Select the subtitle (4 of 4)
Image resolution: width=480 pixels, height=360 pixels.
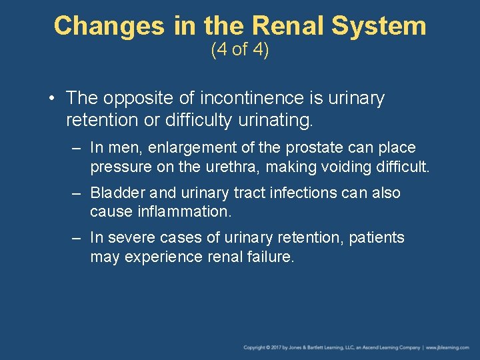[240, 50]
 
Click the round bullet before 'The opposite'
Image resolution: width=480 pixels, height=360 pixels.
[51, 99]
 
